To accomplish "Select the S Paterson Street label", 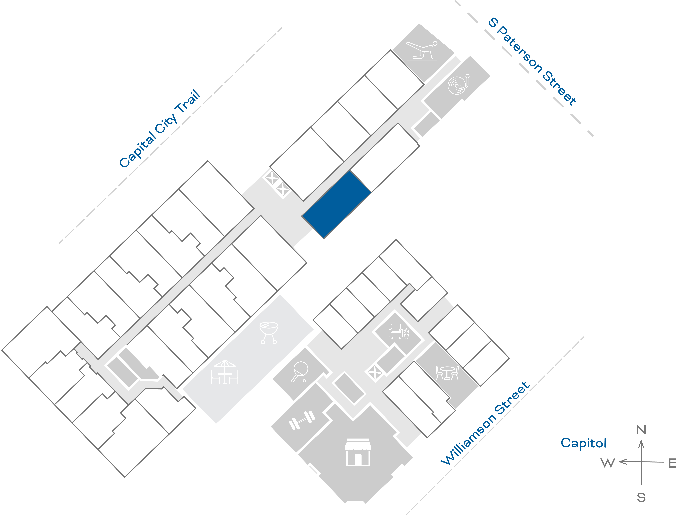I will (532, 61).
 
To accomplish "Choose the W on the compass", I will (608, 463).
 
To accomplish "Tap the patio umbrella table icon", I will (225, 372).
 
